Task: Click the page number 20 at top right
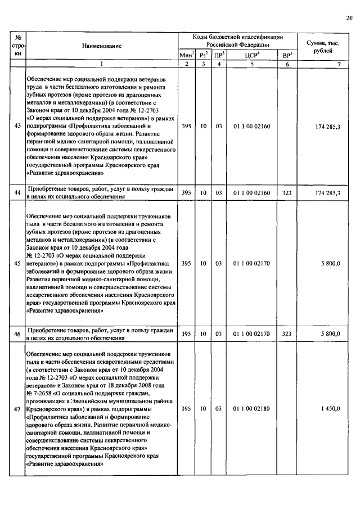click(349, 19)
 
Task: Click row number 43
click(17, 127)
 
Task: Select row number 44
click(17, 193)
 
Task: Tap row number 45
click(17, 263)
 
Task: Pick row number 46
click(17, 334)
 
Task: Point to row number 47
click(17, 409)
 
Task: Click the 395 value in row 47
click(186, 409)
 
